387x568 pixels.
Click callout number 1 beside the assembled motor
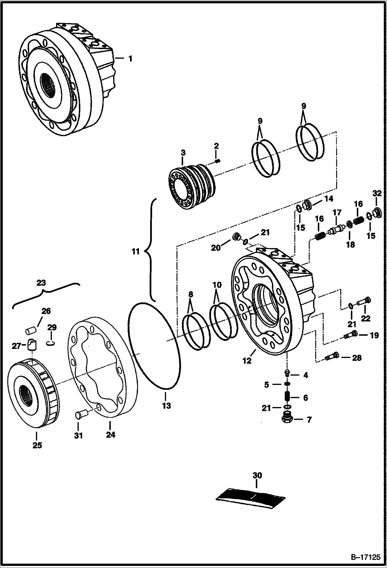tap(130, 59)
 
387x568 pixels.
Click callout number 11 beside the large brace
tap(135, 252)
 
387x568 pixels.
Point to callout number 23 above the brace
tap(41, 283)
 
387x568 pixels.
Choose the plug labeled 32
tap(378, 212)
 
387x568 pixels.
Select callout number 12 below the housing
tap(247, 361)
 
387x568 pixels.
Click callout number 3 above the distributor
tap(183, 152)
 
